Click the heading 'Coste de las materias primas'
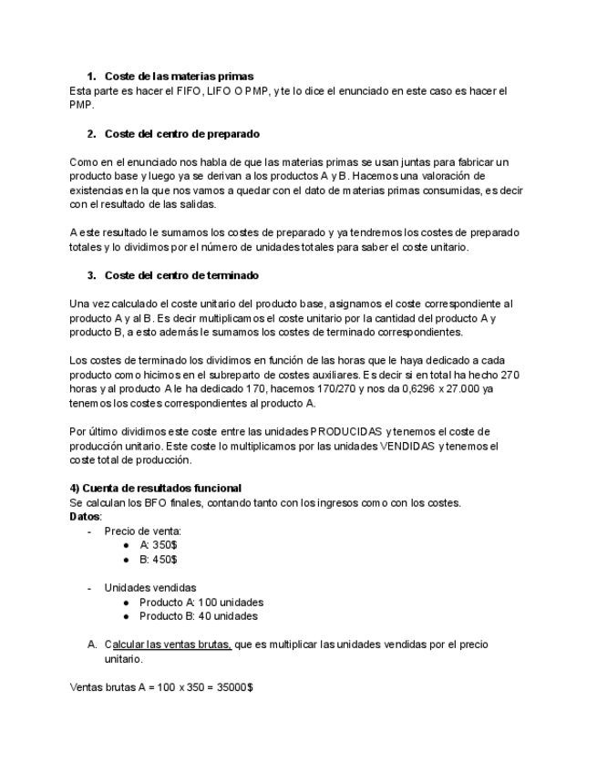click(179, 76)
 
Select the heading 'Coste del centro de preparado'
click(181, 134)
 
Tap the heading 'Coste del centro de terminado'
click(181, 274)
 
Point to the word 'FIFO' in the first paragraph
click(177, 90)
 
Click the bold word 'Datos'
click(86, 516)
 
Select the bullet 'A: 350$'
click(158, 544)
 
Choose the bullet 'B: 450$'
click(158, 559)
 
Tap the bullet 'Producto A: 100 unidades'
click(201, 603)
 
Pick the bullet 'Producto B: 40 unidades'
click(198, 616)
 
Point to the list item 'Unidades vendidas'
click(149, 588)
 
